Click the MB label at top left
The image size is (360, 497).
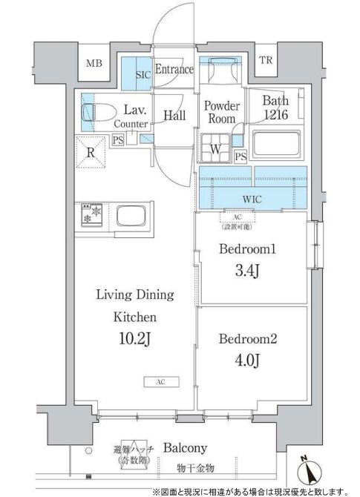[x=94, y=63]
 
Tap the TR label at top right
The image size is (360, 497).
[x=266, y=60]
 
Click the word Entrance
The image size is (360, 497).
[x=175, y=70]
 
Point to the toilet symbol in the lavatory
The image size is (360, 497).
[x=98, y=112]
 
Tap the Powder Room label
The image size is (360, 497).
[x=220, y=112]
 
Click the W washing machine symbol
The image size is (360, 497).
[x=215, y=145]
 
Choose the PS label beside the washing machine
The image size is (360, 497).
[x=240, y=156]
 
